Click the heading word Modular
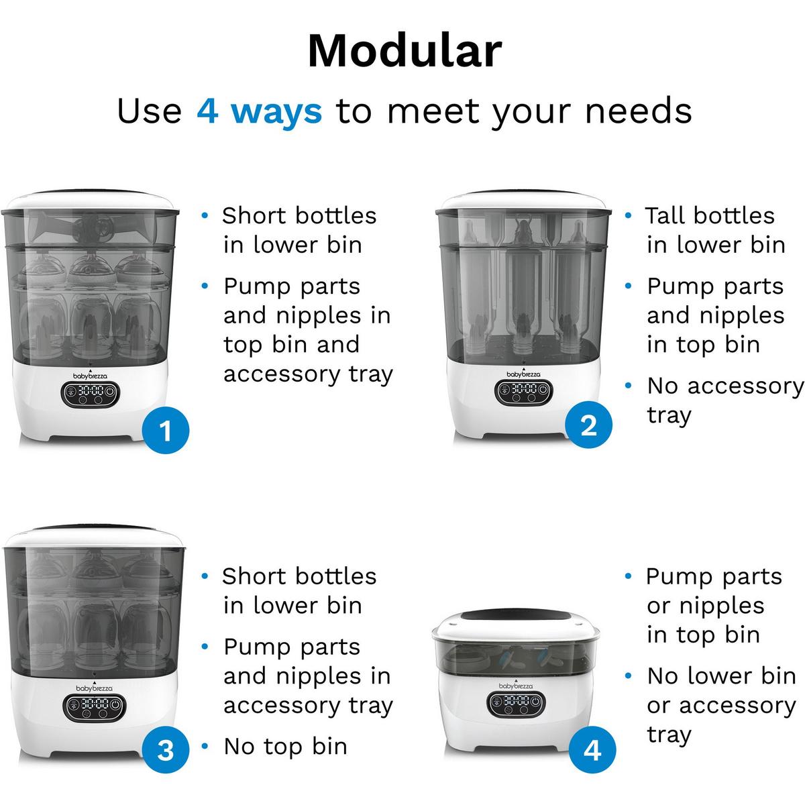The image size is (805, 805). point(405,50)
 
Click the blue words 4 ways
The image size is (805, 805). point(260,111)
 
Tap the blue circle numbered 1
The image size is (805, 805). point(166,430)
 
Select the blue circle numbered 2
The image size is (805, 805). point(588,425)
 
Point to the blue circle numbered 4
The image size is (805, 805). point(592,761)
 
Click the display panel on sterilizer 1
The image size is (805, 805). point(91,394)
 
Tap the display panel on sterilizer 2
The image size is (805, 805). point(523,392)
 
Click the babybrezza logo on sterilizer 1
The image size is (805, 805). point(90,376)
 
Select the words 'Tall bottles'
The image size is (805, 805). point(710,216)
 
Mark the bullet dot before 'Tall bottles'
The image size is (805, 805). point(628,215)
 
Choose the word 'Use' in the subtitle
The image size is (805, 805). point(150,111)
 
